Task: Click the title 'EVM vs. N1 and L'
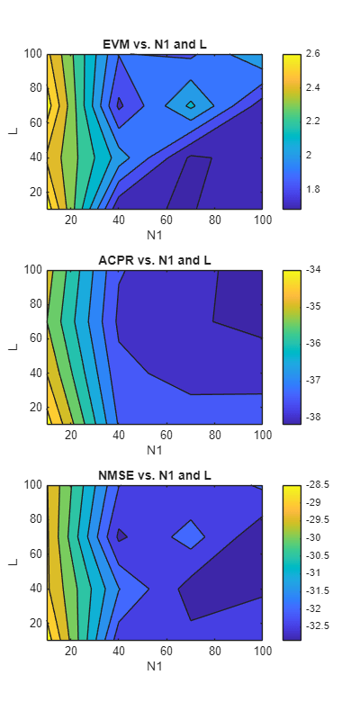point(154,45)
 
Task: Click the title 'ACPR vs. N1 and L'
point(154,261)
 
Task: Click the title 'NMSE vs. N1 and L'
point(154,476)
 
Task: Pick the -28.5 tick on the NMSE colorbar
point(317,485)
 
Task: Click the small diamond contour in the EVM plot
point(190,104)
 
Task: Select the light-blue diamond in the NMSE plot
point(189,535)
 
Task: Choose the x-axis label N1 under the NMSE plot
point(154,667)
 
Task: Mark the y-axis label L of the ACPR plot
point(13,346)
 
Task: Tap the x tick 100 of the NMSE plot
point(262,652)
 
